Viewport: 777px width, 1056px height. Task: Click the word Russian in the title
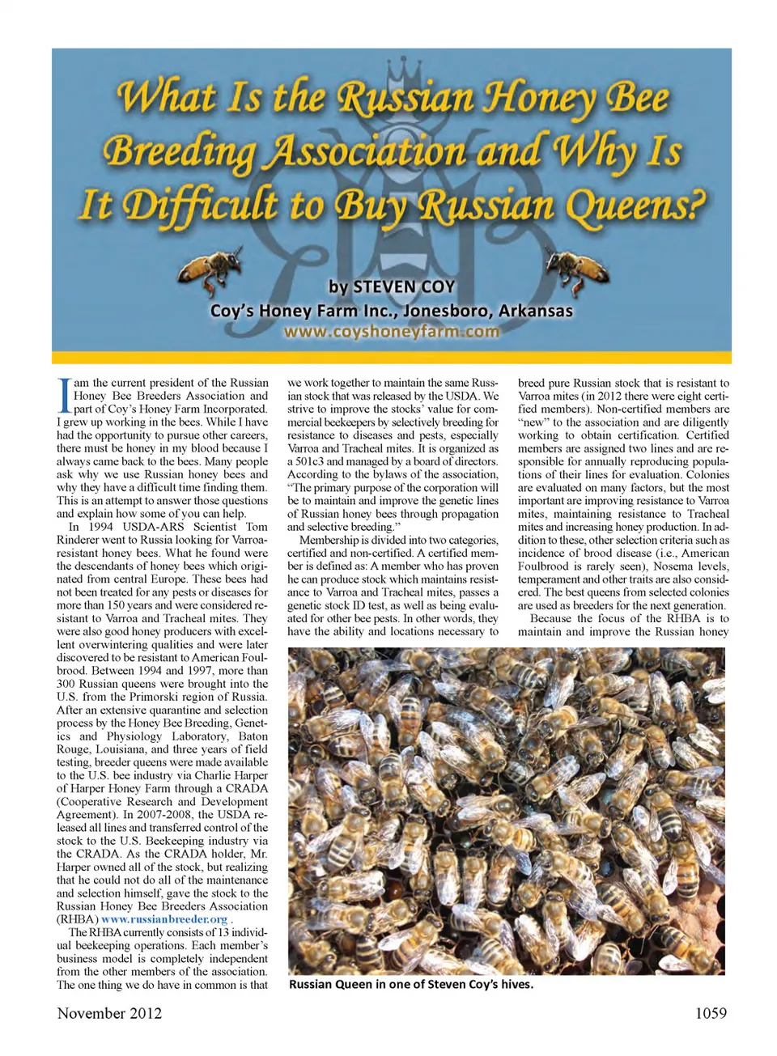(405, 99)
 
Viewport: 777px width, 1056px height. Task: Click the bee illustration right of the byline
(576, 269)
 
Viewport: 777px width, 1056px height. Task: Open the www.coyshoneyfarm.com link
(392, 331)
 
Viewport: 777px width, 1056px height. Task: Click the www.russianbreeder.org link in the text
(164, 919)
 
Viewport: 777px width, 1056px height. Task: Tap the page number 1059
(711, 1013)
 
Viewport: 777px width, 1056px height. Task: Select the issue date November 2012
(109, 1013)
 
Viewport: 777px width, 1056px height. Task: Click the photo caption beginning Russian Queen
(410, 985)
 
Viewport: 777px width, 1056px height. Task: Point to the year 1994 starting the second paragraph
(100, 527)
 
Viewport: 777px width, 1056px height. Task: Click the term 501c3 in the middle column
(309, 461)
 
